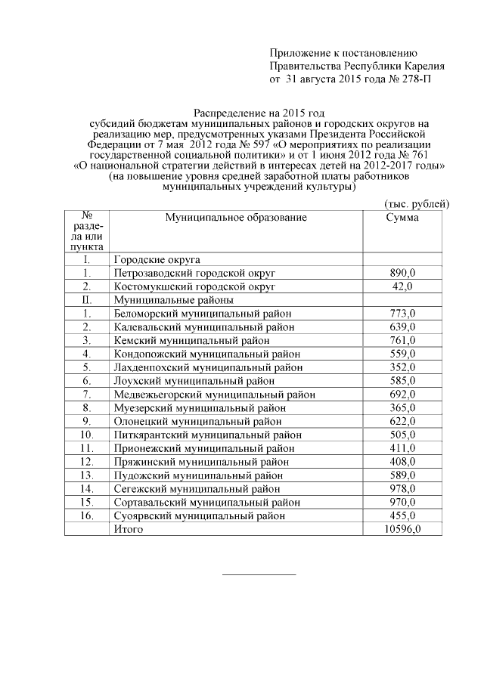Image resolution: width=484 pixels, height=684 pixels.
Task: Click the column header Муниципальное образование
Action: pyautogui.click(x=236, y=218)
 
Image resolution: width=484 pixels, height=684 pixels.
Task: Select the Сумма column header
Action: pyautogui.click(x=402, y=218)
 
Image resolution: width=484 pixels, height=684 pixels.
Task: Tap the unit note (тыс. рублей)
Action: pyautogui.click(x=417, y=203)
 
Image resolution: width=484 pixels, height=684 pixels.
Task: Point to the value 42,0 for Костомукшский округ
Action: pyautogui.click(x=402, y=286)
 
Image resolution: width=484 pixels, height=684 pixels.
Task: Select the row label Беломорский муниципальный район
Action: pyautogui.click(x=198, y=314)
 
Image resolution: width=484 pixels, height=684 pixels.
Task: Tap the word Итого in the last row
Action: pyautogui.click(x=128, y=529)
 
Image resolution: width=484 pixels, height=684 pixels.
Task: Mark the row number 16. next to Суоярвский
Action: pyautogui.click(x=87, y=515)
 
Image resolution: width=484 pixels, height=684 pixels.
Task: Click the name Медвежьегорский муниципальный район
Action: pyautogui.click(x=214, y=395)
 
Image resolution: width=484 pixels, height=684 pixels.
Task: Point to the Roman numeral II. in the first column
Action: pyautogui.click(x=87, y=300)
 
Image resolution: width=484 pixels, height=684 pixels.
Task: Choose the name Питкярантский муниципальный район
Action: pyautogui.click(x=207, y=435)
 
